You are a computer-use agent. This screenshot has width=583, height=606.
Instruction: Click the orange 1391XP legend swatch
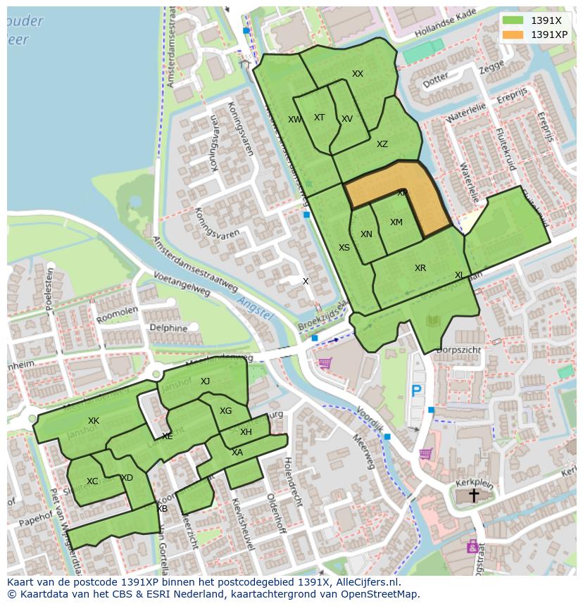pyautogui.click(x=513, y=34)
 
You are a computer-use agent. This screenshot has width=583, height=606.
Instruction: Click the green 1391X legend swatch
pyautogui.click(x=513, y=20)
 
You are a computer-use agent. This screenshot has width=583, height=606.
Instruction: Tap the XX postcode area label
pyautogui.click(x=358, y=74)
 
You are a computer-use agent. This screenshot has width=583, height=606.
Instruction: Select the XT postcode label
pyautogui.click(x=319, y=118)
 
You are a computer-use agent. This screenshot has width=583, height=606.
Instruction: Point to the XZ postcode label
pyautogui.click(x=382, y=144)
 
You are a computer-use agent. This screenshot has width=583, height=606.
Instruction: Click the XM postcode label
pyautogui.click(x=396, y=222)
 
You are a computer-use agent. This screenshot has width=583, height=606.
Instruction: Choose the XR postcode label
pyautogui.click(x=420, y=268)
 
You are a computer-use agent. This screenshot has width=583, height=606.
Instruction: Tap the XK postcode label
pyautogui.click(x=94, y=421)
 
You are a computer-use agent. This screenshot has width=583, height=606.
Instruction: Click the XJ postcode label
pyautogui.click(x=205, y=381)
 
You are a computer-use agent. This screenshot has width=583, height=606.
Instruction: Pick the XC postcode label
pyautogui.click(x=92, y=481)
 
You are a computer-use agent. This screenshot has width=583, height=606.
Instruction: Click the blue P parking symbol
pyautogui.click(x=416, y=391)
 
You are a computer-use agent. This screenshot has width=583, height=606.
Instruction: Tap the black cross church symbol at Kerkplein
pyautogui.click(x=474, y=495)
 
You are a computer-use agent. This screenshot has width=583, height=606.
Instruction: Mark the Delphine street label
pyautogui.click(x=168, y=328)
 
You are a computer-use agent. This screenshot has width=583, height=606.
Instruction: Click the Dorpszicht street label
pyautogui.click(x=458, y=350)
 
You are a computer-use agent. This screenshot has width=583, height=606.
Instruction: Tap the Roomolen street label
pyautogui.click(x=117, y=314)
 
